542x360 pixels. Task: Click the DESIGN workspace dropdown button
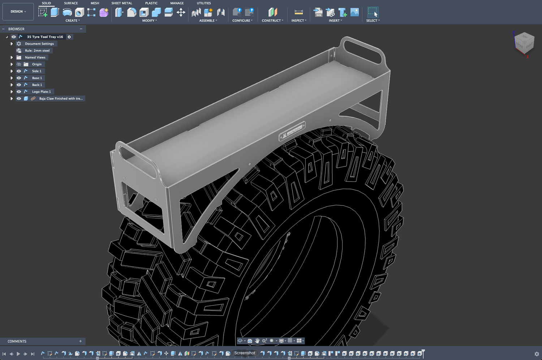pos(18,12)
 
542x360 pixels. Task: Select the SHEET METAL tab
pos(121,3)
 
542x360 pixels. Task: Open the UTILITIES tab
pos(203,3)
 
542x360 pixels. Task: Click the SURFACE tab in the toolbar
pos(71,3)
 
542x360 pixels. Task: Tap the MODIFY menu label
pos(149,21)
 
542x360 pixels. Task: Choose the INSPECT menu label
pos(298,21)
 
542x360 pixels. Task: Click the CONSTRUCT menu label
pos(272,21)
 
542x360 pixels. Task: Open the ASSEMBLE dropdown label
pos(208,21)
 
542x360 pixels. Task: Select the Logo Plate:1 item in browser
pos(41,92)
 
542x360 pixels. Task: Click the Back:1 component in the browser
pos(37,85)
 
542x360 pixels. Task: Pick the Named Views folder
pos(35,57)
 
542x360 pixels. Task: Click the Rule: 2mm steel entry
pos(37,51)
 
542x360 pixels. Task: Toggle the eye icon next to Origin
pos(19,64)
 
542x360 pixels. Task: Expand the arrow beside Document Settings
pos(12,44)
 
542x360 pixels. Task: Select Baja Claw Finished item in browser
pos(61,99)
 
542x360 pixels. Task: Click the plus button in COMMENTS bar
pos(80,341)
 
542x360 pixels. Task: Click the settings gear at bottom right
pos(537,354)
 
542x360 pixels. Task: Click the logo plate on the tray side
pos(292,131)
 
